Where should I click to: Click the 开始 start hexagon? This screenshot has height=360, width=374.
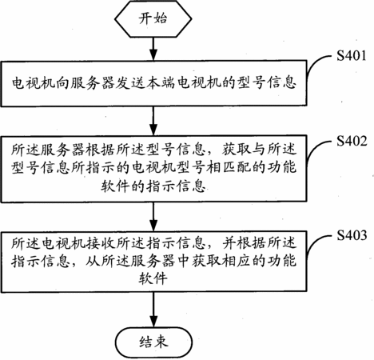(153, 19)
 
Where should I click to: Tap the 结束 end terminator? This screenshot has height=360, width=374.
(153, 342)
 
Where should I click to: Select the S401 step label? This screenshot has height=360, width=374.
(352, 56)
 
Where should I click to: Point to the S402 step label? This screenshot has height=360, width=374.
(352, 141)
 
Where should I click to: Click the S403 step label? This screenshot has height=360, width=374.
(352, 235)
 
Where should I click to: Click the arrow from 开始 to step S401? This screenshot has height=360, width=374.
(153, 49)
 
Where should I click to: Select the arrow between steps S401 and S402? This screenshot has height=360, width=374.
(153, 121)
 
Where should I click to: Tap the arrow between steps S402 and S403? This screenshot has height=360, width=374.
(153, 216)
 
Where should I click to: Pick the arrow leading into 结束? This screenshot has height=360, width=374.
(153, 310)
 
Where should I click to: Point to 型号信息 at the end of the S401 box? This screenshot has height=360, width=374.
(267, 82)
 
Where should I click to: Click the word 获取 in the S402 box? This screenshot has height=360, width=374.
(236, 150)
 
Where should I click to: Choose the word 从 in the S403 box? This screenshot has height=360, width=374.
(93, 262)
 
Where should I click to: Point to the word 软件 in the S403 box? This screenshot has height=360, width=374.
(153, 278)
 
